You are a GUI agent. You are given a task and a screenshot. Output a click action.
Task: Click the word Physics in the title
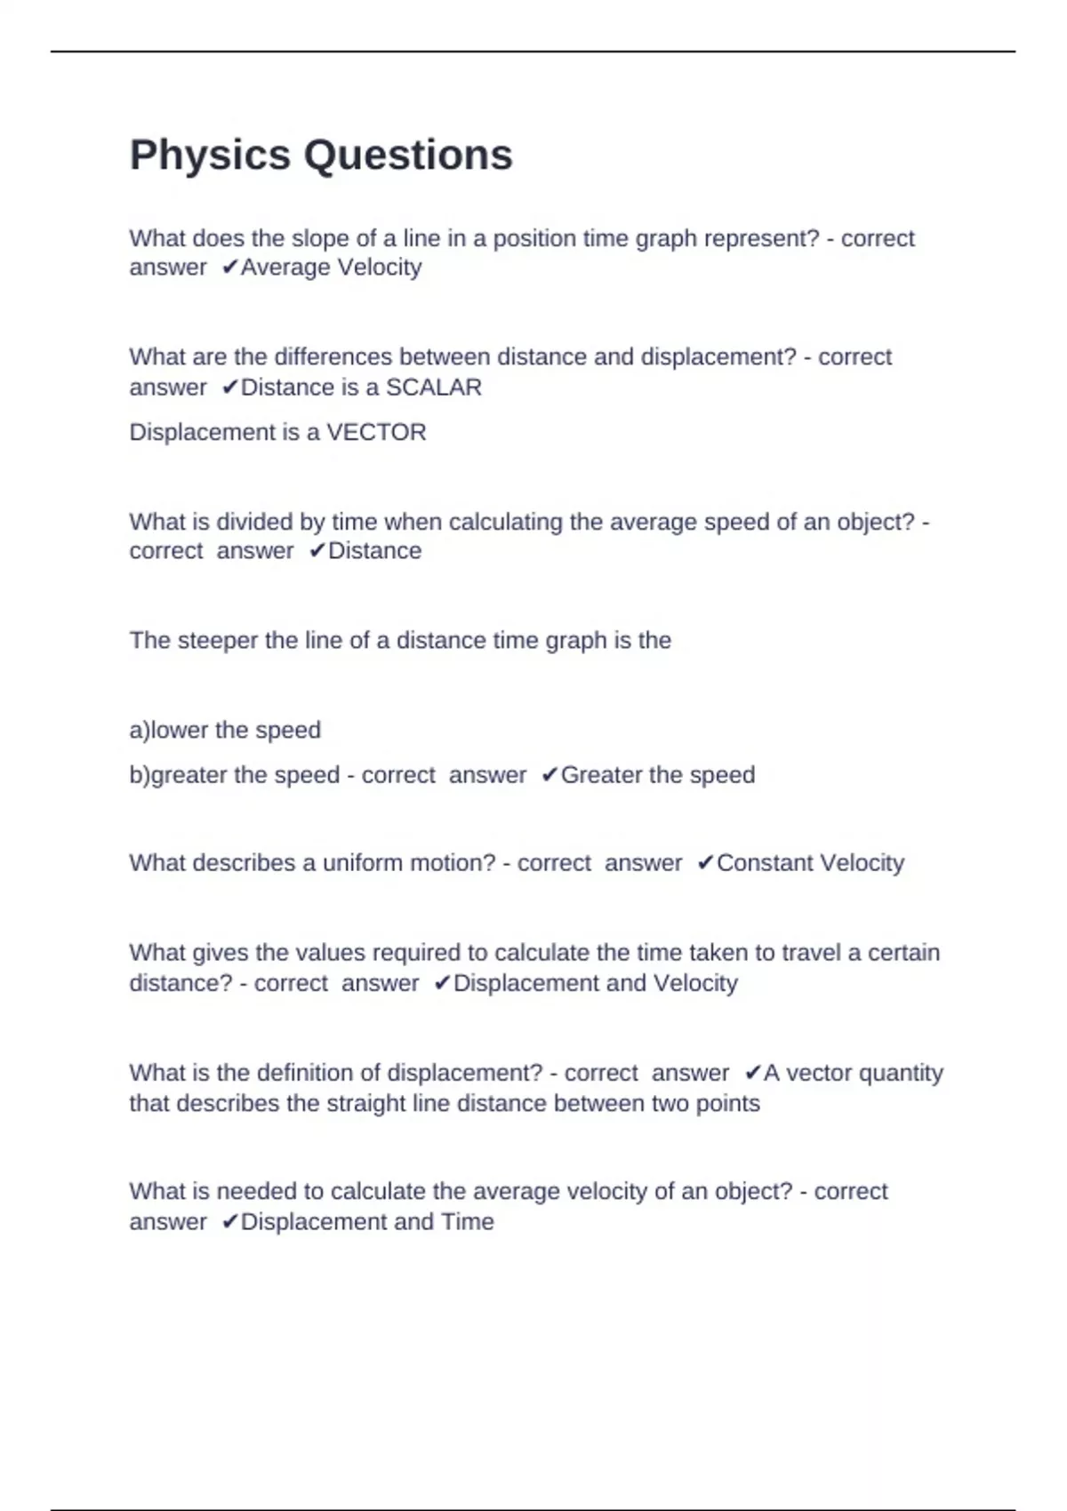point(210,156)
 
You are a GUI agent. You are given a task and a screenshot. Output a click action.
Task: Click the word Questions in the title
point(408,156)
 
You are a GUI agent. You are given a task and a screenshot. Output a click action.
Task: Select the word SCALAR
point(434,388)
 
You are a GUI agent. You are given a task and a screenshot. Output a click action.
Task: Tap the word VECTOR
point(376,433)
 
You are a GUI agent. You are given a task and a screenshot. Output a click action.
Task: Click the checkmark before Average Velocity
point(230,268)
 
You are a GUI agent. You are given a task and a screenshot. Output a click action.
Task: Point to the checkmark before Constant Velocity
point(705,863)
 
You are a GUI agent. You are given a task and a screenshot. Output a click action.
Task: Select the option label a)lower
point(169,731)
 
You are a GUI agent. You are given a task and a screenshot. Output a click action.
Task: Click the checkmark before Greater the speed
point(550,775)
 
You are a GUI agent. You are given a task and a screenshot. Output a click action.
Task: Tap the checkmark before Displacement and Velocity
point(442,983)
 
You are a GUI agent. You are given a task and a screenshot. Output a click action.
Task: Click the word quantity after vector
point(900,1074)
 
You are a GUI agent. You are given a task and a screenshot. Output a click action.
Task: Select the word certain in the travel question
point(903,953)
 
